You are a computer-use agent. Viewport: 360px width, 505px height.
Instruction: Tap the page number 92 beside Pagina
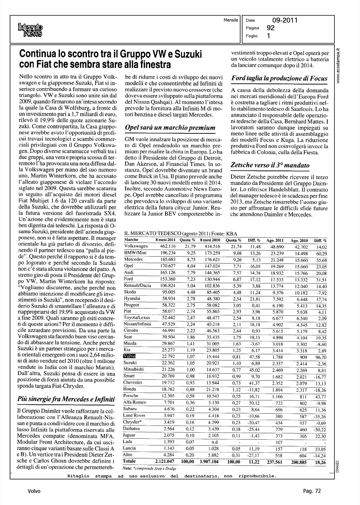(x=271, y=28)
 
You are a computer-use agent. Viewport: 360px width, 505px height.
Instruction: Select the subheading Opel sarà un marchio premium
(x=170, y=128)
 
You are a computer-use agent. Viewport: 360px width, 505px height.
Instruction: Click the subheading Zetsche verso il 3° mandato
(x=270, y=165)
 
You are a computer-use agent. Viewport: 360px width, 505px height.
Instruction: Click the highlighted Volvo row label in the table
(x=129, y=356)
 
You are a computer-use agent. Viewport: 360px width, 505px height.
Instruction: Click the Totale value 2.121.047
(x=164, y=461)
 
